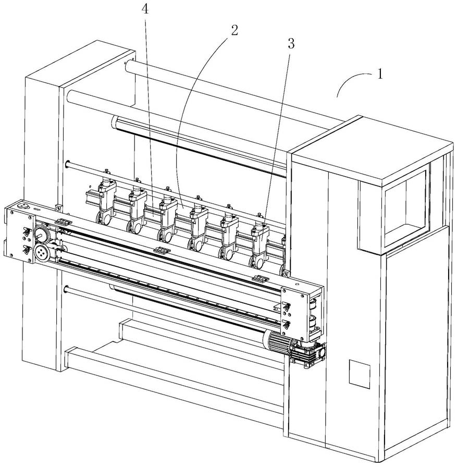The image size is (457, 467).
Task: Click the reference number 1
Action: coord(380,74)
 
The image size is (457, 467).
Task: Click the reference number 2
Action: coord(234,30)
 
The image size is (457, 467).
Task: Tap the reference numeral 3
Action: coord(291,44)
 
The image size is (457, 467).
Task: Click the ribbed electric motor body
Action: coord(279,342)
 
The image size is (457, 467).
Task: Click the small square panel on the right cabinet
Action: coord(359,371)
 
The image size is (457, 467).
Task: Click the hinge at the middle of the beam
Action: coord(162,251)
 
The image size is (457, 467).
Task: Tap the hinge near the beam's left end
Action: coord(63,223)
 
